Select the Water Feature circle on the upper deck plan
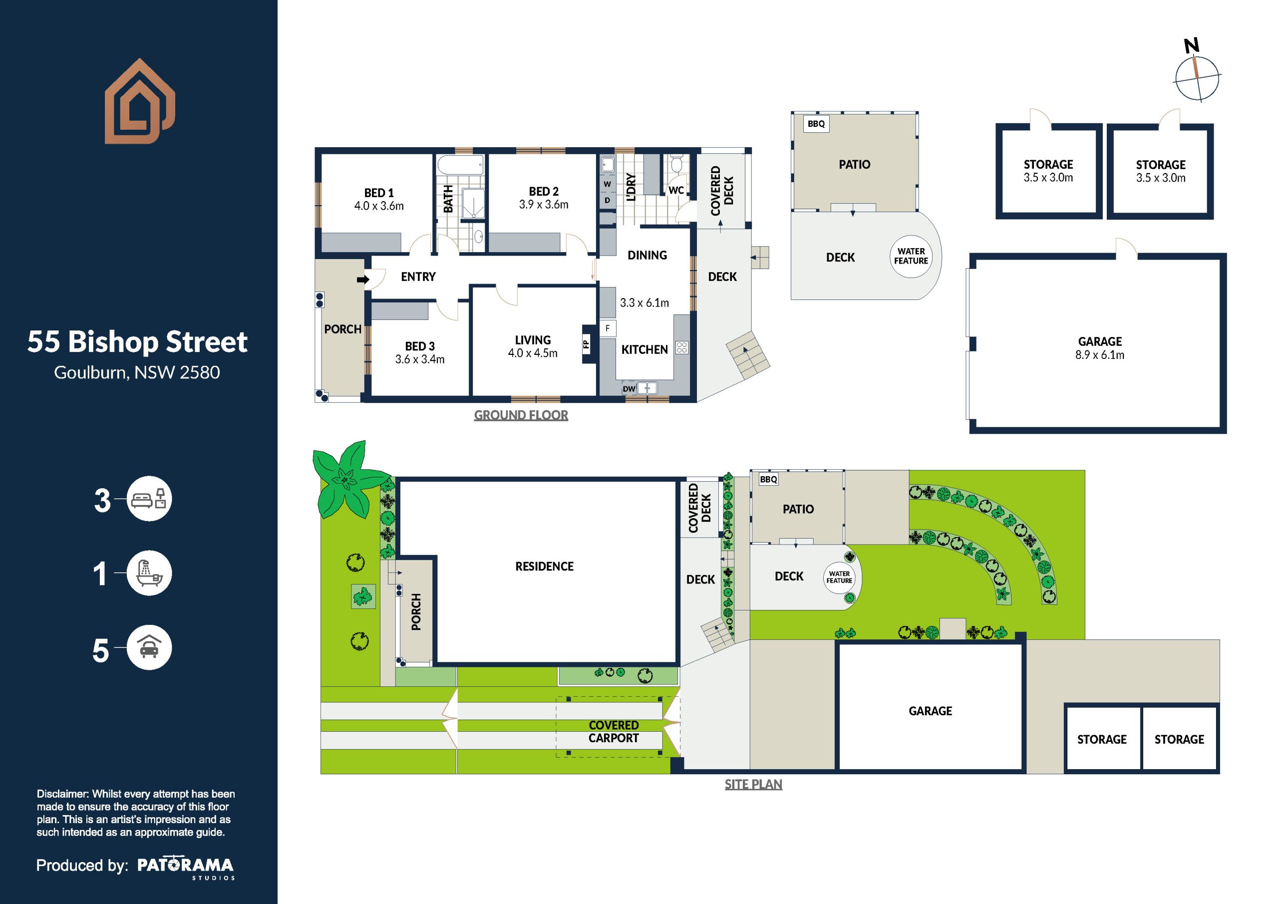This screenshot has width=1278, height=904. tap(911, 256)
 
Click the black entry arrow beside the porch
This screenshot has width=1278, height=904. tap(363, 280)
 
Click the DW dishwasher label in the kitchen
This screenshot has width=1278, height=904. tap(629, 388)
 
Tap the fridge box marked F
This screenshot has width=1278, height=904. tap(607, 328)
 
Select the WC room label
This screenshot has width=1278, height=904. tap(676, 190)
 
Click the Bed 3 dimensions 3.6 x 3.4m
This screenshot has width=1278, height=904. tap(420, 359)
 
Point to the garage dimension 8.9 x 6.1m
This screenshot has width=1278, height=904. tap(1100, 355)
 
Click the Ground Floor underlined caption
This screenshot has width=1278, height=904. tap(521, 415)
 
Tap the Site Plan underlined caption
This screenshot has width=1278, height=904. tap(753, 784)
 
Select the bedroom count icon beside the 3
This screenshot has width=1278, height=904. tap(149, 499)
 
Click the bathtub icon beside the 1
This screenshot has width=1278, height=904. tap(149, 573)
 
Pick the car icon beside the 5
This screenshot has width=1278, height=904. tap(149, 647)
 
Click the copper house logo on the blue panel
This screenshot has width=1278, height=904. tap(140, 101)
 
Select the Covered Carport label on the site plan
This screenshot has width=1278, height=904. tap(614, 731)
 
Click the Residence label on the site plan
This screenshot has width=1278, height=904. tap(544, 567)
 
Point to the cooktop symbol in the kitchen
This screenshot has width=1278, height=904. tap(682, 348)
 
